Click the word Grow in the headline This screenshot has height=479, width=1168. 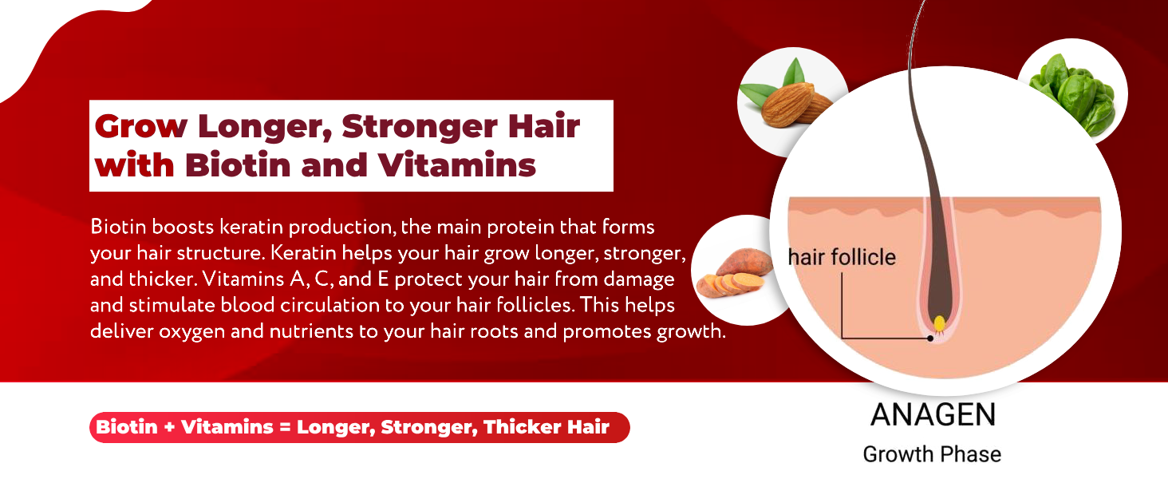point(140,126)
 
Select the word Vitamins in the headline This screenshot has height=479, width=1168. point(456,165)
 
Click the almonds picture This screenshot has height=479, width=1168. point(790,104)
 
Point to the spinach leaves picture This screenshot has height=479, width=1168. point(1071,90)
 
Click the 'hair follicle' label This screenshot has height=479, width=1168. point(842,257)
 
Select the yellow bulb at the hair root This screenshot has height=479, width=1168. point(940,323)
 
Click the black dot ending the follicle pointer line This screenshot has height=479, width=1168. point(930,338)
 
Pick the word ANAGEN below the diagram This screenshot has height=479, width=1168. point(933,415)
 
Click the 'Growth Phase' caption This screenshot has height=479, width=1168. point(932,454)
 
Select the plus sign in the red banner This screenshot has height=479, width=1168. point(168,428)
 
